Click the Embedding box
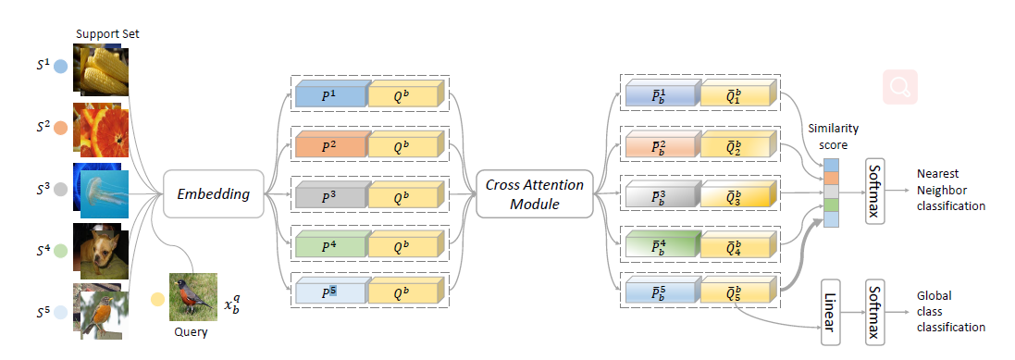[214, 193]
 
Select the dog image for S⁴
[101, 245]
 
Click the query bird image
[192, 295]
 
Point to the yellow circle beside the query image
[157, 299]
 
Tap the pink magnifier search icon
[900, 87]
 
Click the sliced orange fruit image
[101, 130]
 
